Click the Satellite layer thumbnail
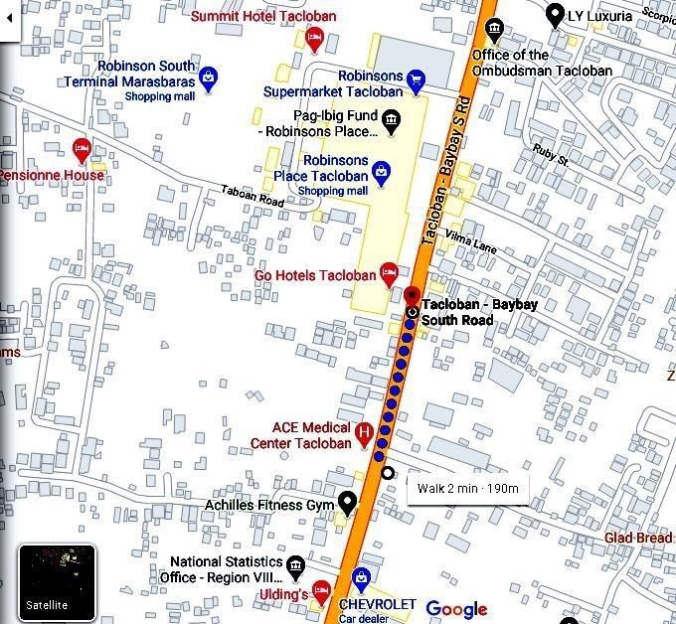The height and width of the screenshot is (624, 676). pyautogui.click(x=57, y=581)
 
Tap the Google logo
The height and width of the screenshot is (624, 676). pyautogui.click(x=456, y=609)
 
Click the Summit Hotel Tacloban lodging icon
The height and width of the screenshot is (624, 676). pyautogui.click(x=315, y=40)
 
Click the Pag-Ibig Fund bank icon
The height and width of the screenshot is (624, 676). pyautogui.click(x=392, y=121)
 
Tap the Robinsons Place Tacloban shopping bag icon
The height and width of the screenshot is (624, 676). pyautogui.click(x=381, y=174)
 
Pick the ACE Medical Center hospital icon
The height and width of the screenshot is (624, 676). pyautogui.click(x=364, y=433)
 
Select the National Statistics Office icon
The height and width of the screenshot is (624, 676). pyautogui.click(x=295, y=567)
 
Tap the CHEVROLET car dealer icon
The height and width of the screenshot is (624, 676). pyautogui.click(x=363, y=576)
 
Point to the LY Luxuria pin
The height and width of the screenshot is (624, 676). pyautogui.click(x=555, y=15)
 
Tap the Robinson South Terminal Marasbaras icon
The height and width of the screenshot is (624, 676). pyautogui.click(x=209, y=76)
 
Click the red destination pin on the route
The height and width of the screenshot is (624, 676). pyautogui.click(x=413, y=295)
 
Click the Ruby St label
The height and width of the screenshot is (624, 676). pyautogui.click(x=550, y=153)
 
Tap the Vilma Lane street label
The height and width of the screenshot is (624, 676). pyautogui.click(x=470, y=239)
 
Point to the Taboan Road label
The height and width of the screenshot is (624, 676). pyautogui.click(x=253, y=196)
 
